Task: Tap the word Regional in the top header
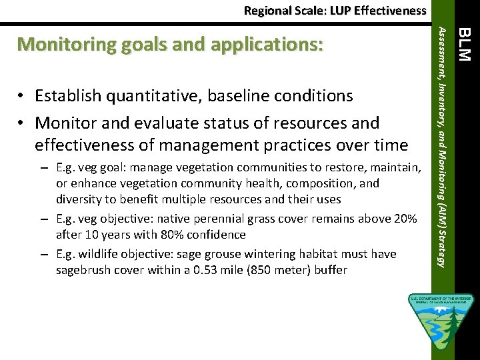[x=267, y=10]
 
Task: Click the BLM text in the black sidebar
[x=466, y=43]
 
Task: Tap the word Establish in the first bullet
[x=66, y=96]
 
